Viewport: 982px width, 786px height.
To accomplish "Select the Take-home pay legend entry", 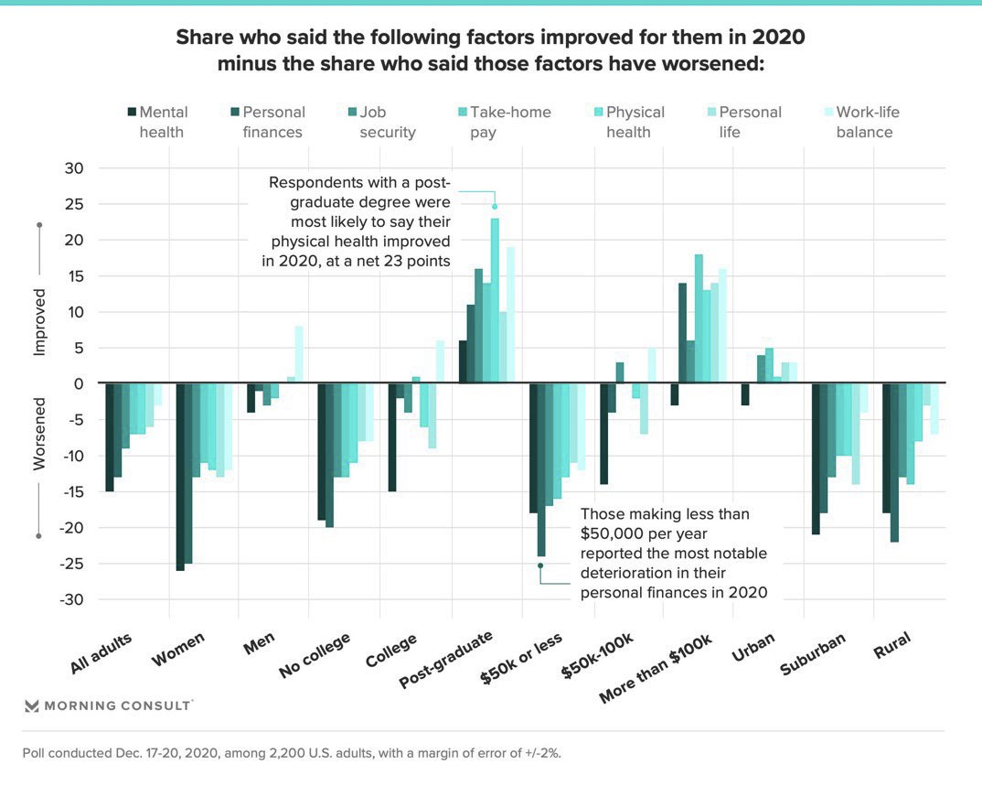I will click(x=502, y=122).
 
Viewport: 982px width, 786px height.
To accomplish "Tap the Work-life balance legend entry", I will click(x=857, y=122).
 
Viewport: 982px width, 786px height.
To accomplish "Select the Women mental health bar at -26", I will click(x=180, y=477).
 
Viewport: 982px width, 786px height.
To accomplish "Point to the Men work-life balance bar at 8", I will click(x=298, y=355).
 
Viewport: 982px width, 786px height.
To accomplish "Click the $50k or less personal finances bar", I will click(x=540, y=469).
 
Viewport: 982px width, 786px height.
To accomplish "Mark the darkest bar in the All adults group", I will click(x=109, y=437).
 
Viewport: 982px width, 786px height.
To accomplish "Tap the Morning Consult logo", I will click(x=108, y=705).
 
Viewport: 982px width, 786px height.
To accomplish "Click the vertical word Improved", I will click(x=39, y=324).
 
